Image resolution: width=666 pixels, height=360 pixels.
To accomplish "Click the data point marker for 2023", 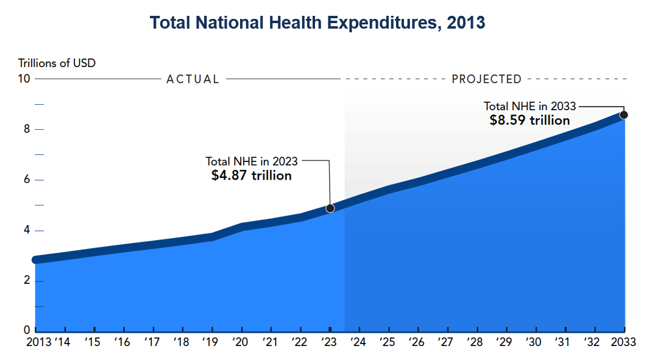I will coord(330,208).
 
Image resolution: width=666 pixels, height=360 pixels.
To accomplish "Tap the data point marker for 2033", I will coord(624,115).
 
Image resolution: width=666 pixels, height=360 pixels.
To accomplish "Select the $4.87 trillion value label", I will coord(251,175).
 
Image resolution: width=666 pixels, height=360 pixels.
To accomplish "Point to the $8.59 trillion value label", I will coord(530,120).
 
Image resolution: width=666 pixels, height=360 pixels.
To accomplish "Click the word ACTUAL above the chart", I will coord(193,79).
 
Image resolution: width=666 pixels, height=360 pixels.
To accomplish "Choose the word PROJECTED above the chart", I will coord(486,79).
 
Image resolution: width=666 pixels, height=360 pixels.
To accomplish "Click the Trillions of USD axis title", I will coord(57,63).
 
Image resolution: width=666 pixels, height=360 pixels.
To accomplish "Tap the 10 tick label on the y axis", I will coord(24,79).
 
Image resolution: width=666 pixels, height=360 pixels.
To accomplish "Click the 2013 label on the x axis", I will coord(40,342).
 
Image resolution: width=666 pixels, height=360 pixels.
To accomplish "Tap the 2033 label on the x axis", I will coord(622,342).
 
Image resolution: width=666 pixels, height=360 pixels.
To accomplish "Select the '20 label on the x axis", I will coord(240,342).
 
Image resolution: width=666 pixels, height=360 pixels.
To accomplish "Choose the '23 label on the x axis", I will coord(328,342).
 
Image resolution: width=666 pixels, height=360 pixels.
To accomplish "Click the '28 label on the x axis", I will coord(476,342).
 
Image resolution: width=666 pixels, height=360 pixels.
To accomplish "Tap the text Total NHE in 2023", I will coord(251,161).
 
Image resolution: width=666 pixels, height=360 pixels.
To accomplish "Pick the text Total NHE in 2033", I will coord(530,106).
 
